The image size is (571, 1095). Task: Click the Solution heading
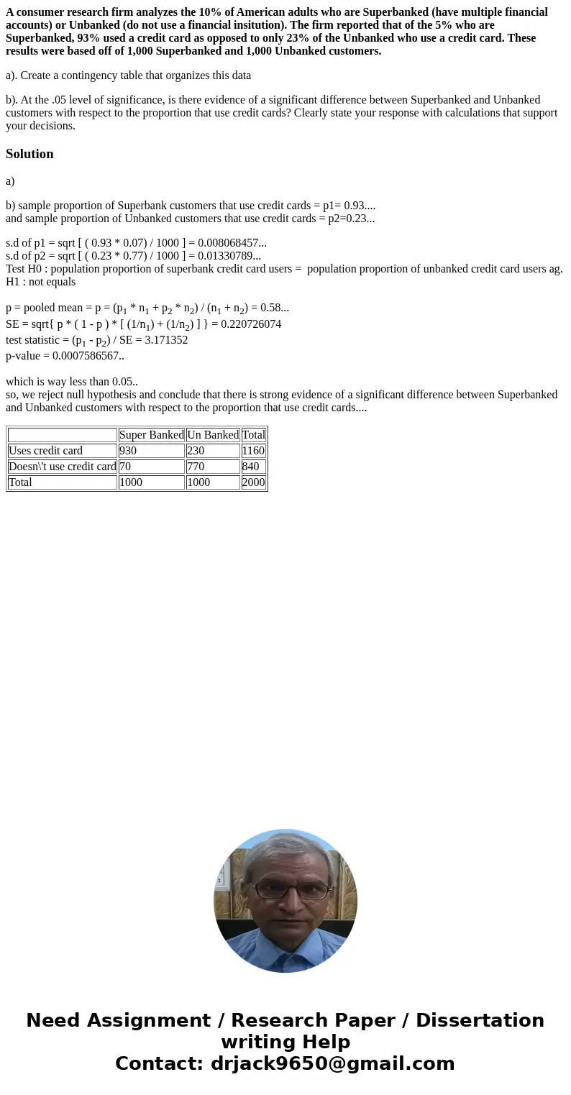(29, 154)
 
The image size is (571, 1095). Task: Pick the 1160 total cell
(253, 451)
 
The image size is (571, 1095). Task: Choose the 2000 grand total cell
(253, 482)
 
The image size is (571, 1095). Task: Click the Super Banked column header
(151, 435)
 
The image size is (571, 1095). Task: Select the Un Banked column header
(213, 435)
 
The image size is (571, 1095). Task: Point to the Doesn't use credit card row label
(62, 467)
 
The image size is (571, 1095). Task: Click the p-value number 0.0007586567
(86, 356)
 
